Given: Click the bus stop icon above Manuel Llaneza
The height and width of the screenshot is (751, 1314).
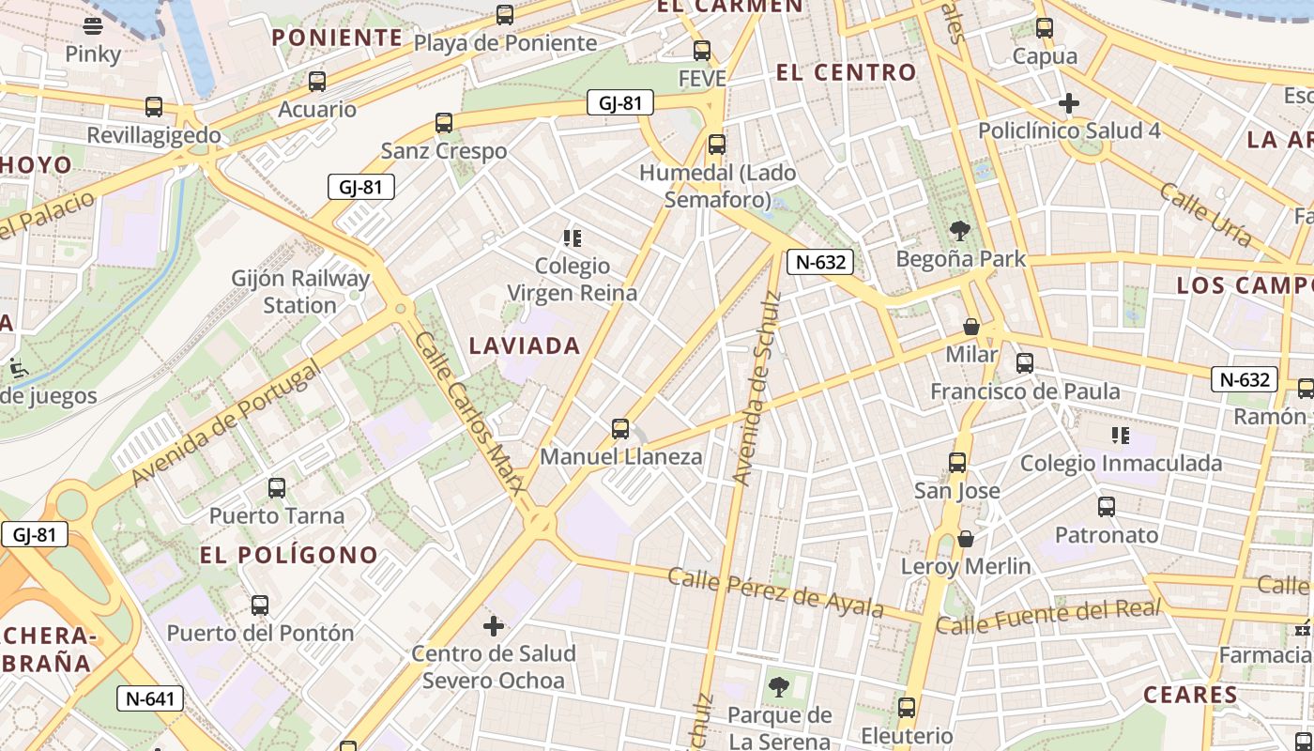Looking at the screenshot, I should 619,429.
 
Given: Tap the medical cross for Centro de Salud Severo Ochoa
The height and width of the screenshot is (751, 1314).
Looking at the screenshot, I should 494,625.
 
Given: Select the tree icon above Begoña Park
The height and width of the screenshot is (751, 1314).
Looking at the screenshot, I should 959,230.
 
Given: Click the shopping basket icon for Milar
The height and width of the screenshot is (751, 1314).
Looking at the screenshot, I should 971,327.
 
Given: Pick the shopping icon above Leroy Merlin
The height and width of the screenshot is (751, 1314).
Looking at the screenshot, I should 965,539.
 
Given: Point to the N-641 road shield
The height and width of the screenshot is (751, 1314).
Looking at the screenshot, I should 150,698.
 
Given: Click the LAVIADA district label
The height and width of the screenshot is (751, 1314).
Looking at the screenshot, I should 525,345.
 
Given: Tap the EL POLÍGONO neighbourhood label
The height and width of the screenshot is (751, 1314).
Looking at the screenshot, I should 288,555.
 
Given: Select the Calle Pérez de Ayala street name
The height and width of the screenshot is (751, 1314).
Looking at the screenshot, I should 775,592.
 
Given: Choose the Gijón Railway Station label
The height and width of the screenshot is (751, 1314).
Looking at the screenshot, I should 300,292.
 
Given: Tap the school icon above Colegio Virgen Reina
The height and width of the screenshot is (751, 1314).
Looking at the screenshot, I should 572,238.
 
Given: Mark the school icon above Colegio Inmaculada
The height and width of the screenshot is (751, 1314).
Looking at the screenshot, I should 1120,435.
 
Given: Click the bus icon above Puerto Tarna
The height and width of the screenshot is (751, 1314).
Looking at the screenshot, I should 276,488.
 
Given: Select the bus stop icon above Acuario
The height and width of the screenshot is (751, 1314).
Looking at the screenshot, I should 317,82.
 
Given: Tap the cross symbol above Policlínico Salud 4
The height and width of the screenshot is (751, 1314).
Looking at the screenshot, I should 1068,102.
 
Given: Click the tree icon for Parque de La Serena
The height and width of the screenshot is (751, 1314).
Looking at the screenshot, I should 778,687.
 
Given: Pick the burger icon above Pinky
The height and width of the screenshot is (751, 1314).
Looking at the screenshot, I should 93,25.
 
